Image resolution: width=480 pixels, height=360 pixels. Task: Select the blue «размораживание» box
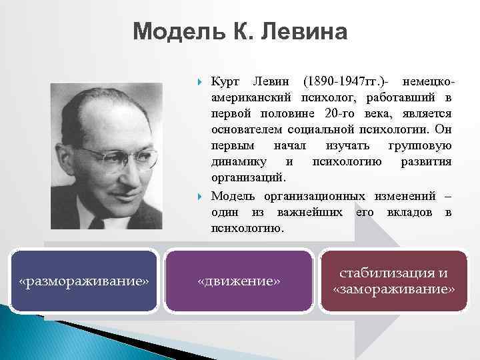point(84,281)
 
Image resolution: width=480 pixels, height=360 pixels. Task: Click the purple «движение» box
point(239,281)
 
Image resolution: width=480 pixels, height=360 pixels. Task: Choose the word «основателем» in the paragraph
point(247,131)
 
